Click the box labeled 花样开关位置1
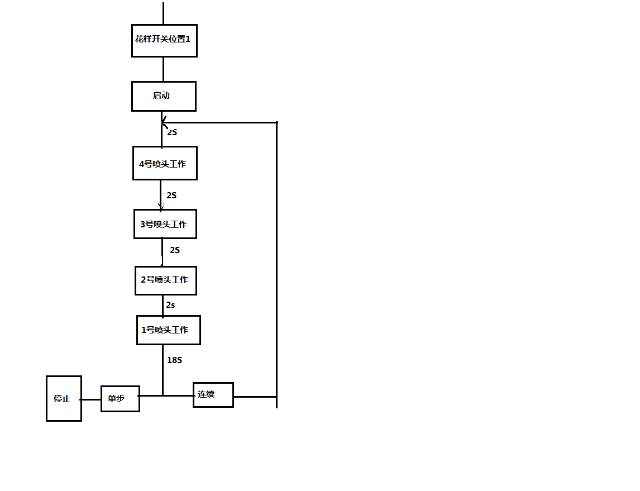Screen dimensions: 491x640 coord(164,40)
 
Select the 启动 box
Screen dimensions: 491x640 coord(164,96)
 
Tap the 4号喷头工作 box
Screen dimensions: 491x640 coord(165,164)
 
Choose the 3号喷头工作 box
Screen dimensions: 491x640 coord(165,224)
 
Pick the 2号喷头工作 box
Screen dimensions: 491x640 coord(166,280)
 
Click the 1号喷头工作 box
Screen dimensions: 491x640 coord(168,330)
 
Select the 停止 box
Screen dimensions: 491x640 coord(64,398)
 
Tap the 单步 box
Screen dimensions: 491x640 coord(120,398)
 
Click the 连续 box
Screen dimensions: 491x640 coord(213,394)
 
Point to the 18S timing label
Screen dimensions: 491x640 coord(174,360)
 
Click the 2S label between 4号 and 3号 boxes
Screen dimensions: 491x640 coord(171,196)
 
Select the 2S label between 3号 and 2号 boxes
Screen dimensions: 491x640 coord(175,250)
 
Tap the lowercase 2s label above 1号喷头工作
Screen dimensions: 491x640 coord(170,305)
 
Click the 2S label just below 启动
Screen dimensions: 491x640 coord(172,132)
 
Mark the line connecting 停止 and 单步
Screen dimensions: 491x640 coord(91,399)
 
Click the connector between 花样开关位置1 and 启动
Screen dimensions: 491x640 coord(164,69)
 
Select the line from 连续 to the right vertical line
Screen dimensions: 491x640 coord(255,397)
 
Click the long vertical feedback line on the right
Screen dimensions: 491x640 coord(276,251)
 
